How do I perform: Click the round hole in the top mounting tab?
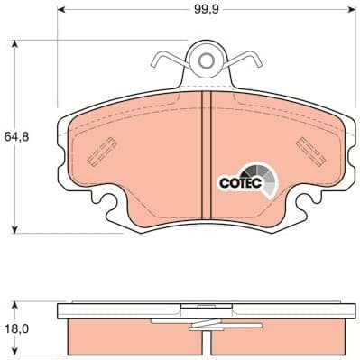click(208, 61)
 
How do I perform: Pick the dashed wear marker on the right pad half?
click(309, 145)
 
